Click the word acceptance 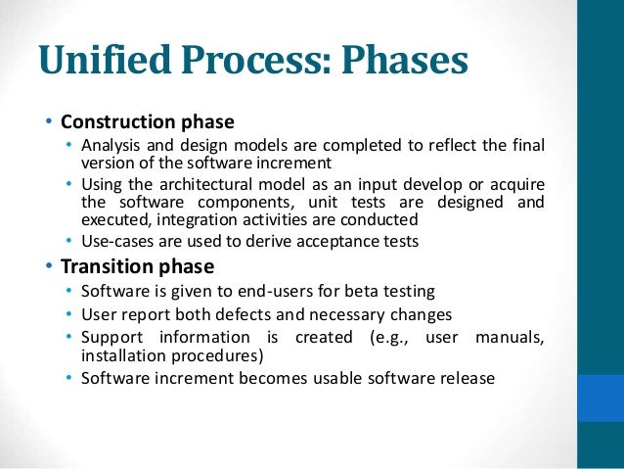pyautogui.click(x=323, y=241)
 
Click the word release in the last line pyautogui.click(x=468, y=377)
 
